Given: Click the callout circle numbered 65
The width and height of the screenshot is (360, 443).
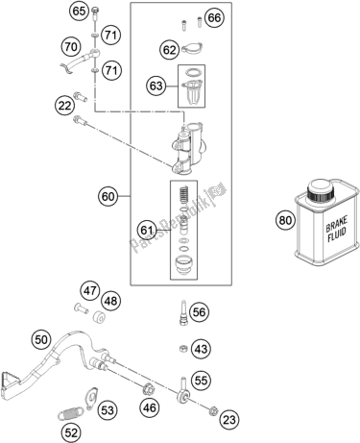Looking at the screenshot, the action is pos(80,12).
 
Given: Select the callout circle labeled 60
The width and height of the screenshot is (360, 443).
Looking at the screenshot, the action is pos(108,196).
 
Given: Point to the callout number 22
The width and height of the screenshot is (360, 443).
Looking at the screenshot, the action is pos(64,105).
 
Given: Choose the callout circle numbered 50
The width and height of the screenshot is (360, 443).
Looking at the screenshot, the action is pos(41,339).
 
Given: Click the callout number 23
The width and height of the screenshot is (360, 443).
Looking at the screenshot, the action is pos(229,419).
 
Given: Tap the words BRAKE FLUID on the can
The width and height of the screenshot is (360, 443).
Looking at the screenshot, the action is pos(336,230).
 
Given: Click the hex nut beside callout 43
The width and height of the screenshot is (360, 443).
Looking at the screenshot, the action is pos(182,348).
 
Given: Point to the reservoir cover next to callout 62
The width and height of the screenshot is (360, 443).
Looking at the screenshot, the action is pos(192,48).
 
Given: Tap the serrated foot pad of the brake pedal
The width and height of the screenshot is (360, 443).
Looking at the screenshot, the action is pos(10,383).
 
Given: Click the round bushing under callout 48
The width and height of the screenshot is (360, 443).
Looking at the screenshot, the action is pos(100,316).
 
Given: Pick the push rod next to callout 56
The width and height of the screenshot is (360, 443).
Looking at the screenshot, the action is pos(183,312).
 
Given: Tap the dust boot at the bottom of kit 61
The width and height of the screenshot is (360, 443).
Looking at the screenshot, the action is pos(182,264).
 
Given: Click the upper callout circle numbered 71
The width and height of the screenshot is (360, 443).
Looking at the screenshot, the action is pos(110,35).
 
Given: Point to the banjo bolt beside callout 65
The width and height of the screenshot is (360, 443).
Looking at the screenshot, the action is pos(95,12).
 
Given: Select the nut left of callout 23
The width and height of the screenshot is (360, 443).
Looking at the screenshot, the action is pos(212,410).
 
